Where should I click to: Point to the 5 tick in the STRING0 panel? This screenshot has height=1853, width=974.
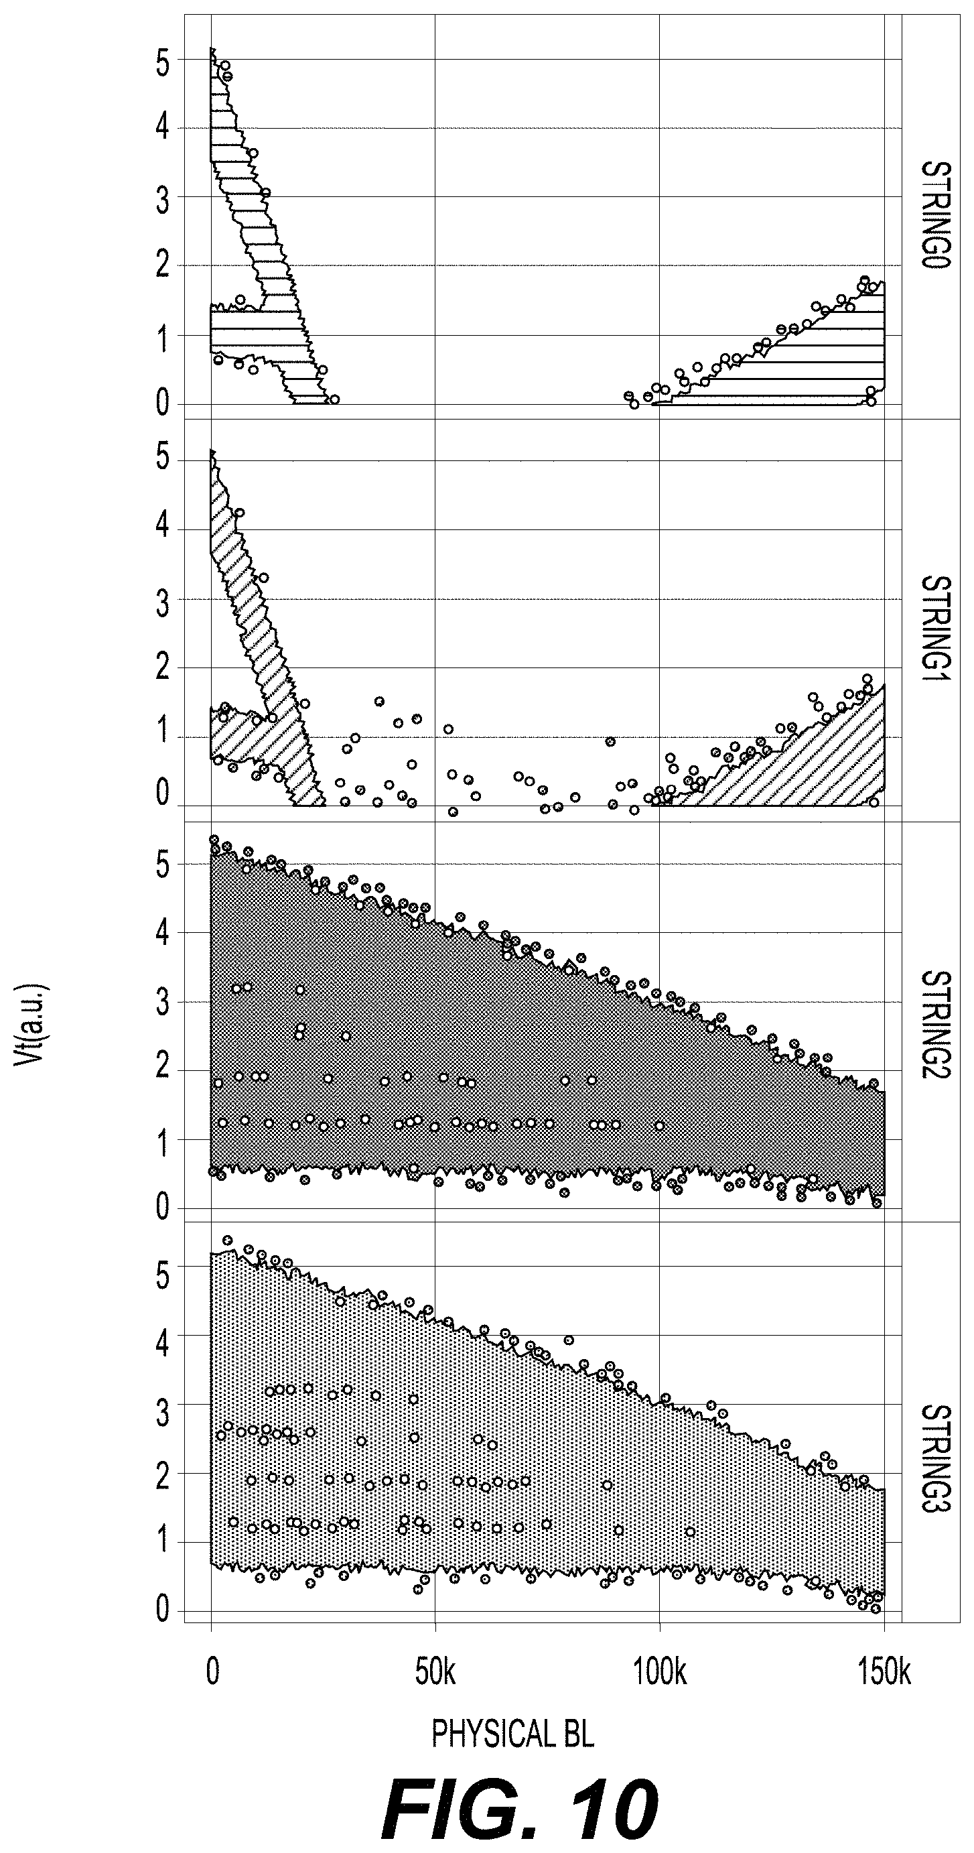click(x=163, y=64)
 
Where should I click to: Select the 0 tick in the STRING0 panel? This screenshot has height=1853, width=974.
click(x=163, y=404)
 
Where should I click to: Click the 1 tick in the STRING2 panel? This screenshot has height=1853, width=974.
click(x=163, y=1143)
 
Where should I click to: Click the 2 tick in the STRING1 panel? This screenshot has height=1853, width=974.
click(x=163, y=669)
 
